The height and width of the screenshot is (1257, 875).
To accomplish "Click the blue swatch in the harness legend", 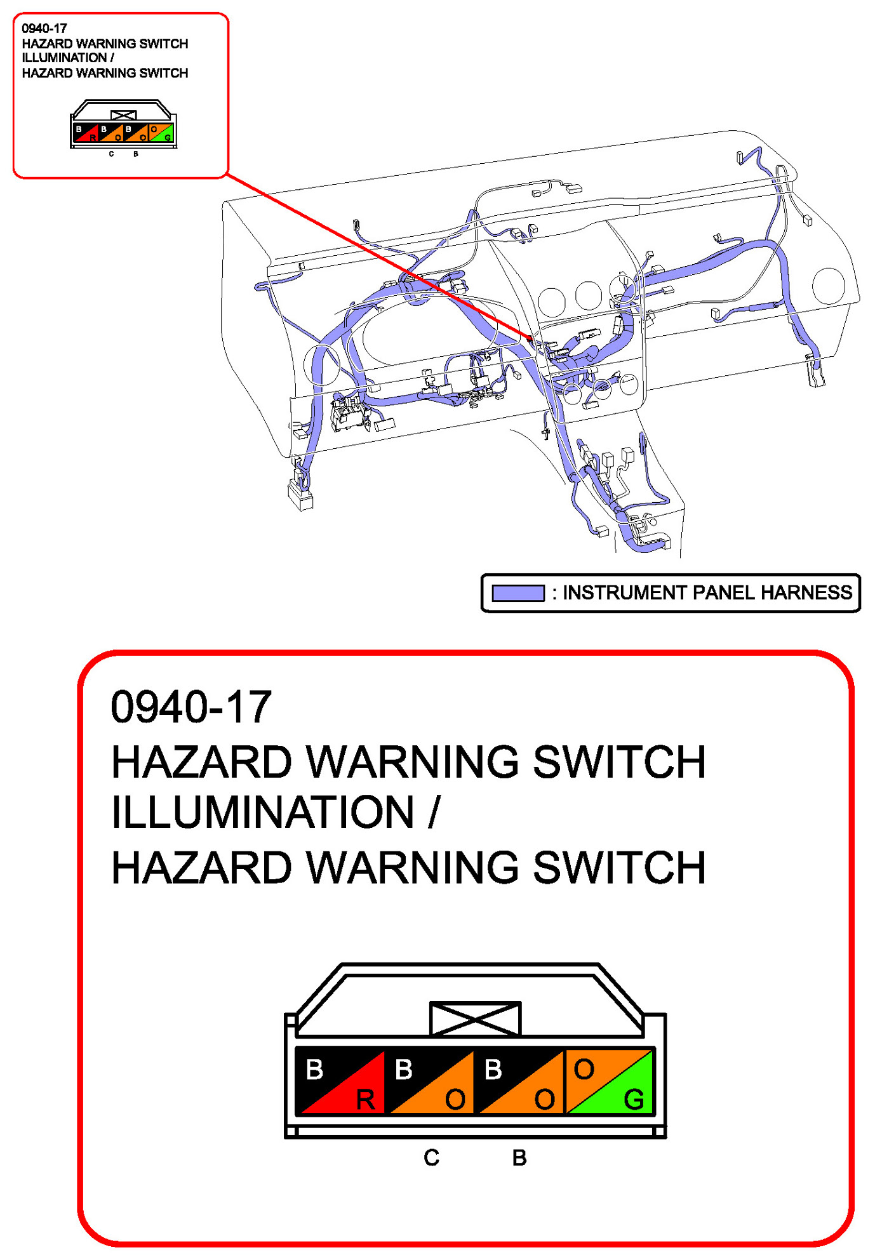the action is tap(518, 593).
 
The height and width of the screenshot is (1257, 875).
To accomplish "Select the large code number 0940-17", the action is tap(191, 707).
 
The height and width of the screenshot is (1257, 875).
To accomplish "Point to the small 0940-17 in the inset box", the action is tap(44, 29).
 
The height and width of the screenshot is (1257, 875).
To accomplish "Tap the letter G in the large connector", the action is tap(634, 1100).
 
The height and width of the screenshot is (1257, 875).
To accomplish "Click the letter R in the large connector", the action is tap(366, 1100).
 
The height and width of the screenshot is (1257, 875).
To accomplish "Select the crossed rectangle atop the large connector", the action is tap(475, 1019).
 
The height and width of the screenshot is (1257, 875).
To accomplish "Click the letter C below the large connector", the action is tap(431, 1158).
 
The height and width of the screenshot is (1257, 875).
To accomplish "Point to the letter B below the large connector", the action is tap(519, 1158).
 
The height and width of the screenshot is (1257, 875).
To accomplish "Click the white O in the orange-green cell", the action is tap(584, 1070).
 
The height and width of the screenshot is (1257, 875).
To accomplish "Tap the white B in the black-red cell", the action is tap(314, 1070).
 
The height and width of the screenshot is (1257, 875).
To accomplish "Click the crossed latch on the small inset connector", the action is tap(123, 115).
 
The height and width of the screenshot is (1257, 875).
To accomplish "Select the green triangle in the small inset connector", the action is tap(166, 136).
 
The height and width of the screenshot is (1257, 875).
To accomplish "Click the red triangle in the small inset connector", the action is tap(91, 136).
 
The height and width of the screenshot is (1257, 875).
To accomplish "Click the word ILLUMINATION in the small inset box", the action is tap(64, 58).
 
